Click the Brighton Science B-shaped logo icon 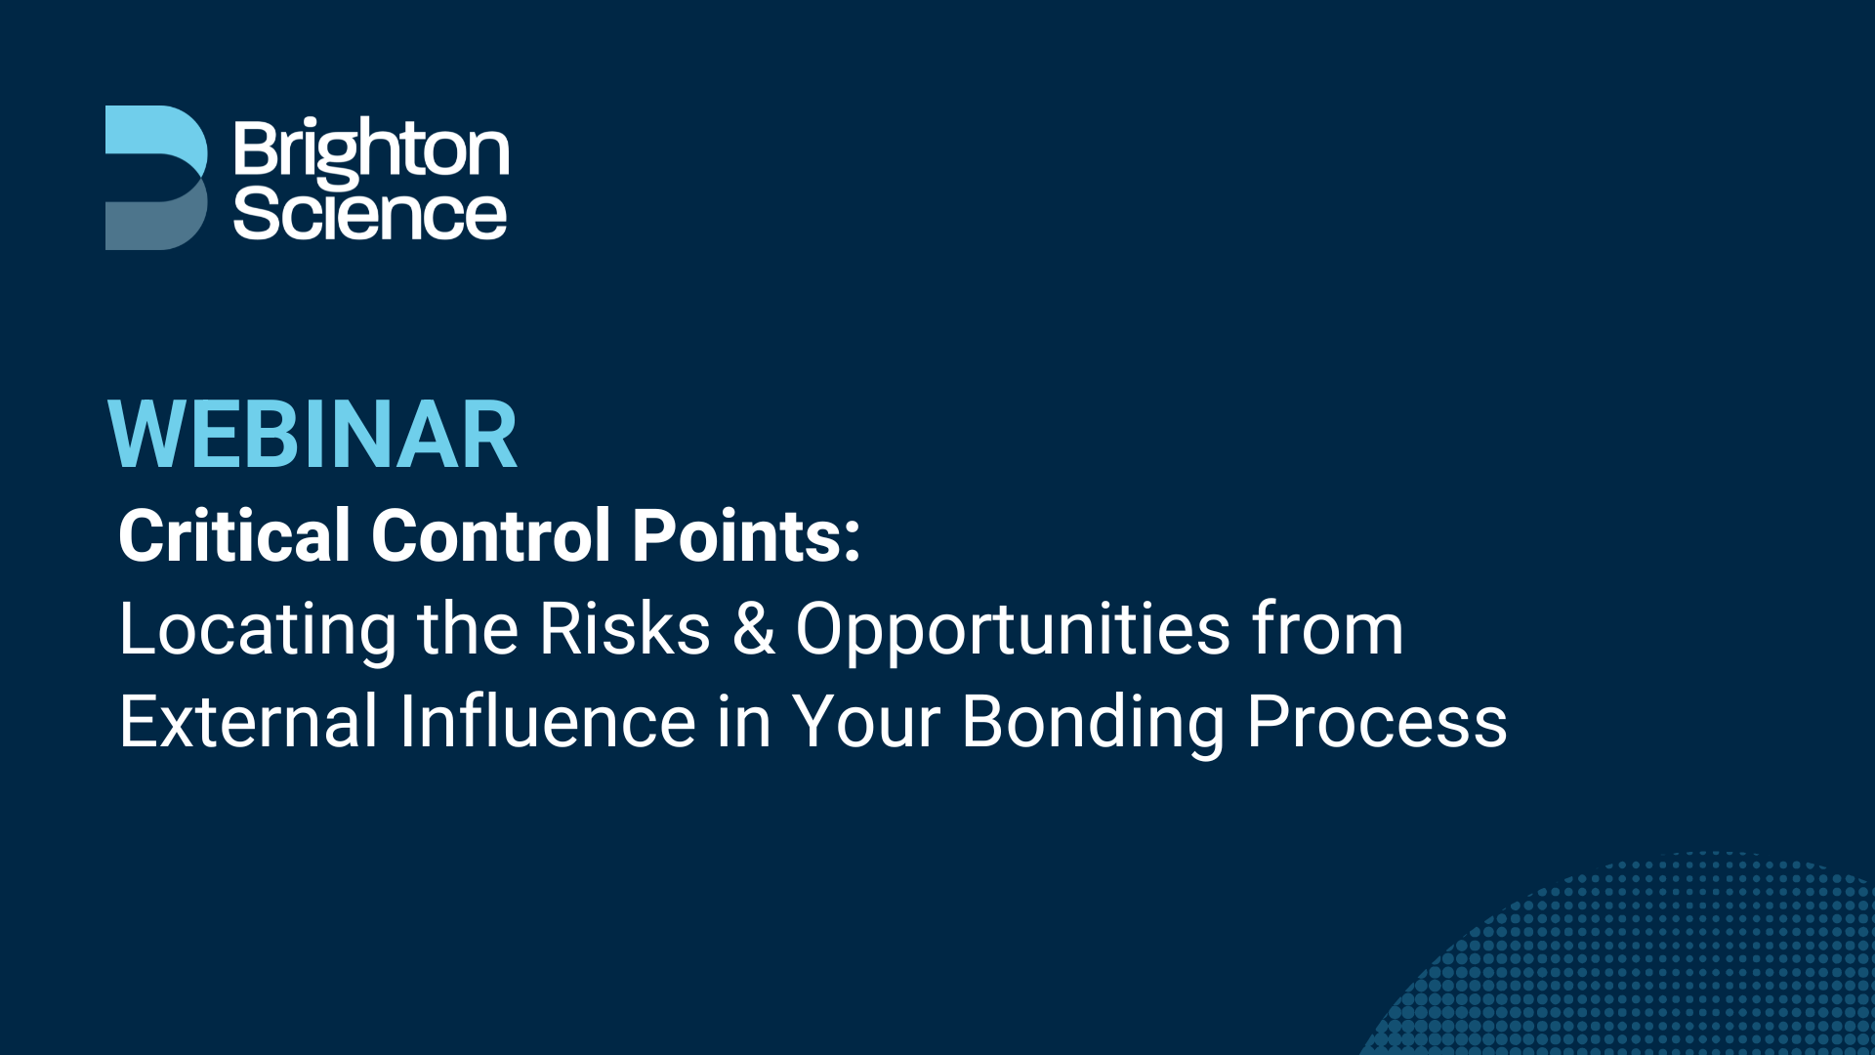coord(155,178)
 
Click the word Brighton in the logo coord(371,150)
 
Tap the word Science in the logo coord(370,214)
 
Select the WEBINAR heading coord(312,436)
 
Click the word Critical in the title coord(233,535)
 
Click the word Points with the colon coord(745,535)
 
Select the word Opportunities coord(1013,630)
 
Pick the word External coord(248,722)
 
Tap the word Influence coord(547,722)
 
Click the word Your coord(866,722)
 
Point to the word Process coord(1377,722)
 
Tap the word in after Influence coord(744,722)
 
